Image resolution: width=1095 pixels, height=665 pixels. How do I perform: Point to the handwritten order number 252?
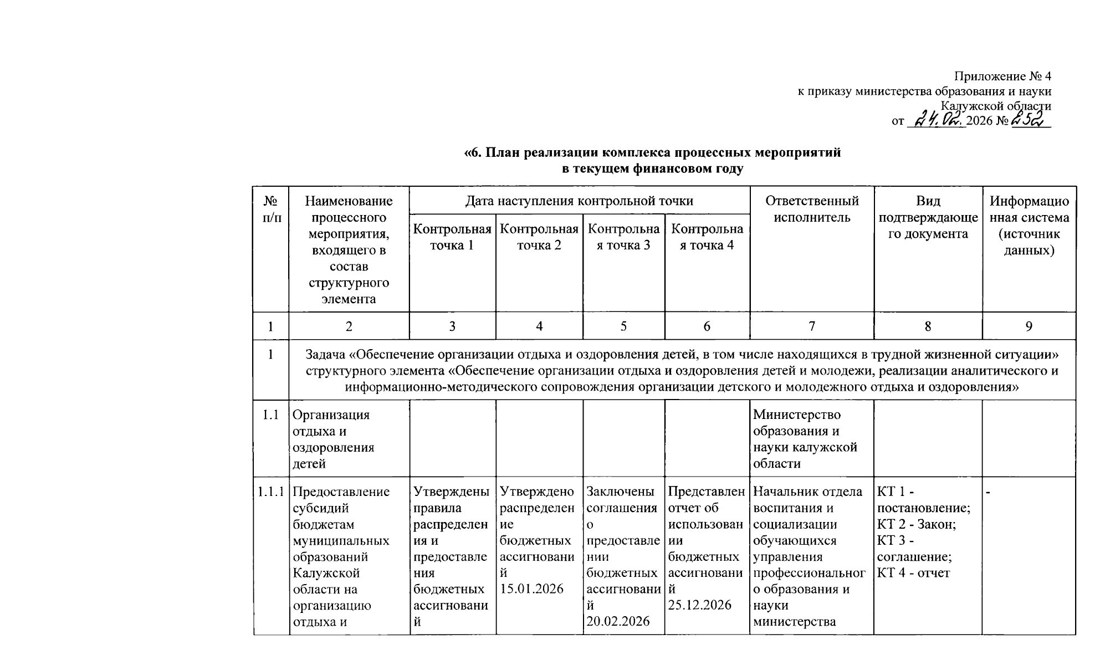point(1030,119)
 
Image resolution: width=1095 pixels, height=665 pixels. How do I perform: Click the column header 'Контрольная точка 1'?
point(452,237)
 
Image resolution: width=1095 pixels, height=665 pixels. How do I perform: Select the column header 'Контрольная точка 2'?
point(539,237)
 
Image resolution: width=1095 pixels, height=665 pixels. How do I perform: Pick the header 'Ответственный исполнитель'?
point(812,209)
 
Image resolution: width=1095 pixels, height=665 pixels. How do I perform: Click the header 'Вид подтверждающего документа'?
point(928,217)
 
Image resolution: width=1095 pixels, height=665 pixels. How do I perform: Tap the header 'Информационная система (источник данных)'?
point(1029,225)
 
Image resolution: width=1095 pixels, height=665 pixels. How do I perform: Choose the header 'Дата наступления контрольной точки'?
point(579,201)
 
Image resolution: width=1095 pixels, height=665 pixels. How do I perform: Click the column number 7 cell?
point(812,326)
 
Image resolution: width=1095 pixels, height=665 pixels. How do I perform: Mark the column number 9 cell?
point(1029,326)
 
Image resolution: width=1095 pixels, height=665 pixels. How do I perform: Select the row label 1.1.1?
point(271,492)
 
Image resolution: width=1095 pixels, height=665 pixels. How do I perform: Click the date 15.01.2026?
point(531,589)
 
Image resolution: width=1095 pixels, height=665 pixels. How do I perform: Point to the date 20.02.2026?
point(618,621)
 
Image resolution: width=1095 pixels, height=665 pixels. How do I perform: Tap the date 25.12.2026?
point(699,605)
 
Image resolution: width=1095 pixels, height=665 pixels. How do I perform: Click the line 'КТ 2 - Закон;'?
point(917,524)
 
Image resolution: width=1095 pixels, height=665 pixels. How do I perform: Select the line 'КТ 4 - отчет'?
point(913,573)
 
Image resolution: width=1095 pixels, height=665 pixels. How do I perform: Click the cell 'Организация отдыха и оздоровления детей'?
point(332,439)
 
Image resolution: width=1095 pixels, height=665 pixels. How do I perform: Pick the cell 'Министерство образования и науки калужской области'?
point(805,439)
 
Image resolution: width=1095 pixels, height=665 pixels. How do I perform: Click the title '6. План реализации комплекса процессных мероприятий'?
point(652,152)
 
